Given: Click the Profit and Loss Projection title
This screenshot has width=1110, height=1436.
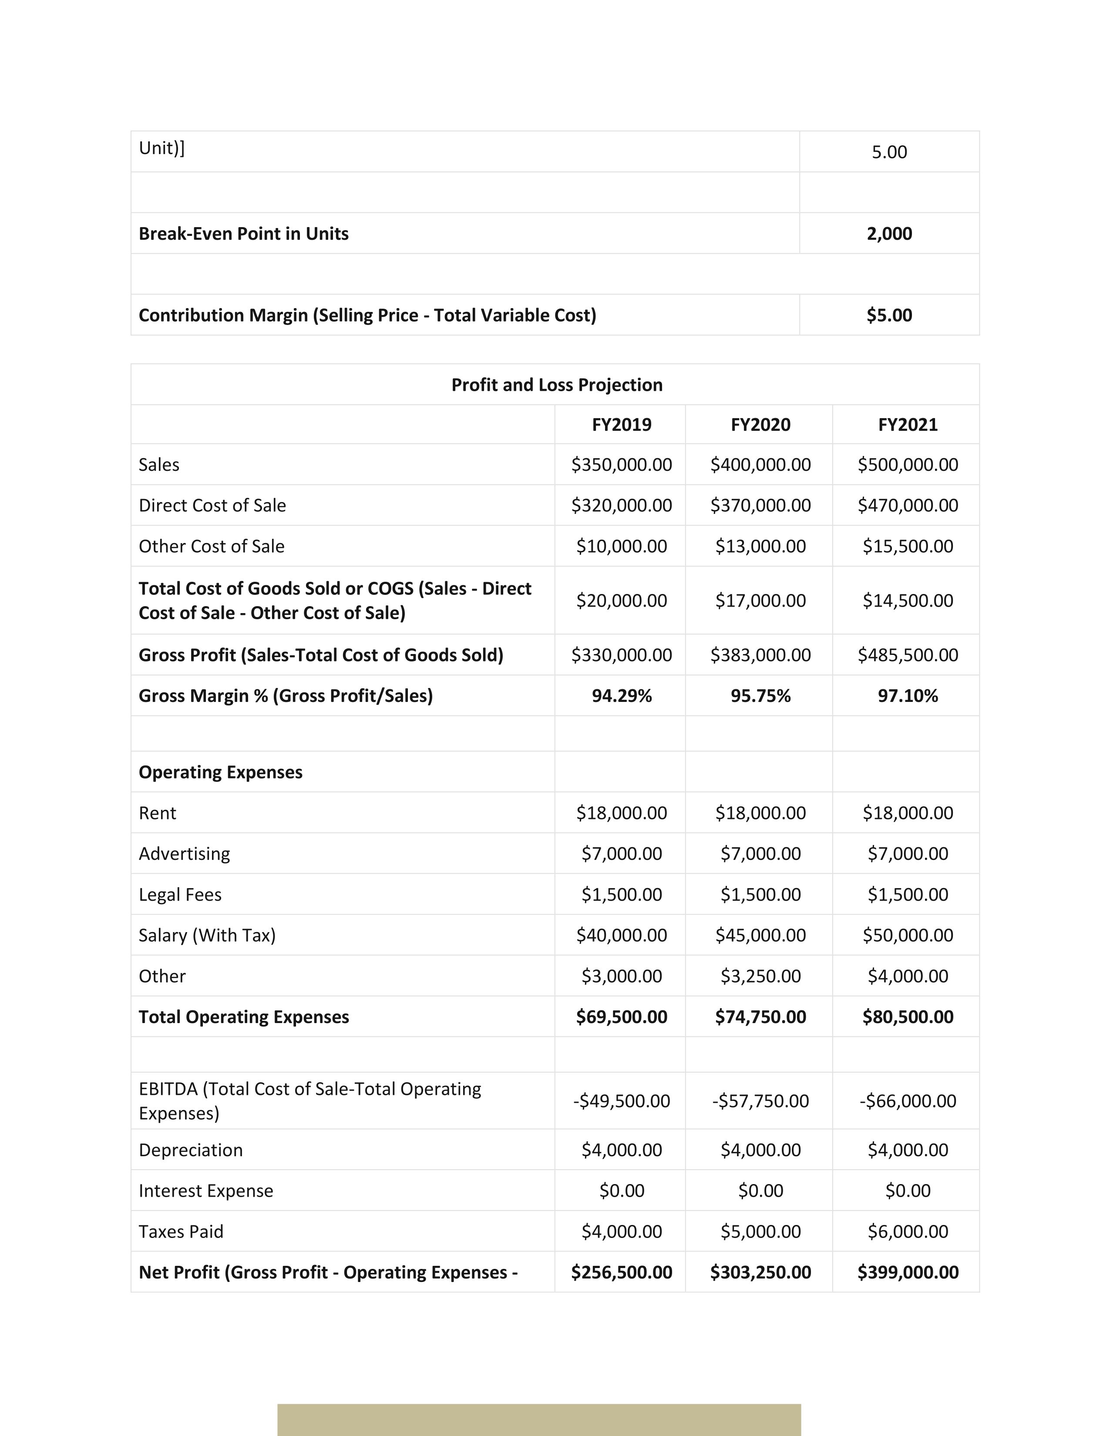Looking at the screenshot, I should (x=556, y=385).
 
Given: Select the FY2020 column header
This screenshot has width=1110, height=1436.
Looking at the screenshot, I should (x=760, y=425).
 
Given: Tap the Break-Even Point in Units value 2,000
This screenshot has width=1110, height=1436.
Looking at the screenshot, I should (x=889, y=233).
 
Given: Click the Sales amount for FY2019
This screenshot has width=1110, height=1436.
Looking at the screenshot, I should (x=622, y=465).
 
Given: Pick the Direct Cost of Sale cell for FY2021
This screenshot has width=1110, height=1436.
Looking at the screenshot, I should (x=908, y=506).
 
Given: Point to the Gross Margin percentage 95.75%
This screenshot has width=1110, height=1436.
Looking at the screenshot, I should (x=760, y=696).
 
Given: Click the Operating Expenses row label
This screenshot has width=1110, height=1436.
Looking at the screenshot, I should (x=220, y=772).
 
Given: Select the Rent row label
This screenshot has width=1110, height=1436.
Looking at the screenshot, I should (x=157, y=813).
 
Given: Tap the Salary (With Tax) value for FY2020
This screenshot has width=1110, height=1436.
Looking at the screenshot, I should (x=760, y=935).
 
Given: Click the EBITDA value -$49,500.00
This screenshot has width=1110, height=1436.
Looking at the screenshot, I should (x=622, y=1100).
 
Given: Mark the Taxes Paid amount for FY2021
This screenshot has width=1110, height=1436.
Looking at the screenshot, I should (x=908, y=1231).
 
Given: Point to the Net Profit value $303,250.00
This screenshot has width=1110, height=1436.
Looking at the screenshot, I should (x=760, y=1272).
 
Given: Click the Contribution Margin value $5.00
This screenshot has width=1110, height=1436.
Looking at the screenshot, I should (x=889, y=315).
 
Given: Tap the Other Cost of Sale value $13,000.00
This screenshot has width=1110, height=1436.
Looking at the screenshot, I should (x=760, y=547).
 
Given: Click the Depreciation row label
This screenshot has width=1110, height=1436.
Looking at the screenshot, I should (x=191, y=1150).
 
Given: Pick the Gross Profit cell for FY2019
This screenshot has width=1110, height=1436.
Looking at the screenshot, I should (x=622, y=655).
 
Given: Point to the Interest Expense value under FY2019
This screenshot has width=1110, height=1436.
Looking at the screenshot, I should (x=622, y=1191).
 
